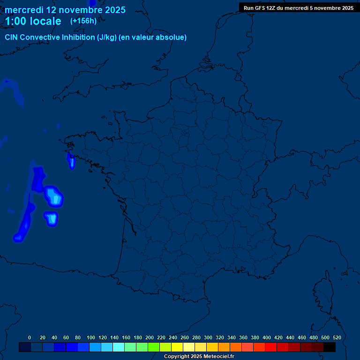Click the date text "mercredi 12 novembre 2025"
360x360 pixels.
(x=65, y=10)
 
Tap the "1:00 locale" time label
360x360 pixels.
(x=33, y=21)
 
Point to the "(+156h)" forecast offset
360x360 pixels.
(x=83, y=21)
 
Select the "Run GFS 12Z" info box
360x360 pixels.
(x=298, y=8)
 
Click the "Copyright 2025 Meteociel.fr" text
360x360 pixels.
(x=199, y=357)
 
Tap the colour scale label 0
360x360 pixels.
(x=30, y=337)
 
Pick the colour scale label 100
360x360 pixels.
(x=91, y=337)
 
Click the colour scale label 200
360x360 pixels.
(x=150, y=337)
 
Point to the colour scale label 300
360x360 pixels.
(x=208, y=337)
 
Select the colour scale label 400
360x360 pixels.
(x=267, y=337)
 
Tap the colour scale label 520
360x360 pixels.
(x=337, y=337)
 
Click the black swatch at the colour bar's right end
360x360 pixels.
(x=330, y=347)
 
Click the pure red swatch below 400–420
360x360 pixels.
(x=271, y=347)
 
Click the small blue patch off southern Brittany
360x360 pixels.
(x=72, y=162)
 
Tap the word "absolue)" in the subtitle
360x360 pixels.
(x=172, y=37)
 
